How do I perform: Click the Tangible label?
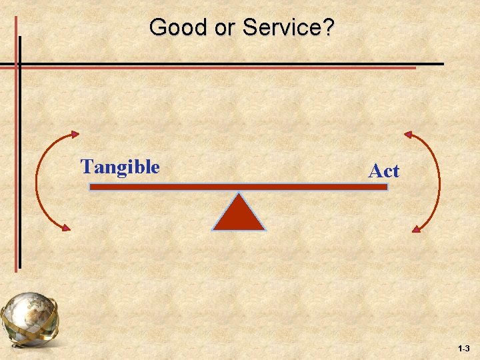[120, 167]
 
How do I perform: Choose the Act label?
[384, 171]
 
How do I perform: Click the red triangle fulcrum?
[239, 215]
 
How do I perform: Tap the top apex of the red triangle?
[239, 195]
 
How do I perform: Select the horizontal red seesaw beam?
[239, 187]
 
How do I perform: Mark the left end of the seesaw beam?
[91, 187]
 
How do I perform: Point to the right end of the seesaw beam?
[385, 187]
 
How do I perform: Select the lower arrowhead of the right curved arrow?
[417, 229]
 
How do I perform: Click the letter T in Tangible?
[86, 167]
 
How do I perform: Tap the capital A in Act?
[375, 171]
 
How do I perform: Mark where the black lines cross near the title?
[20, 64]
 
